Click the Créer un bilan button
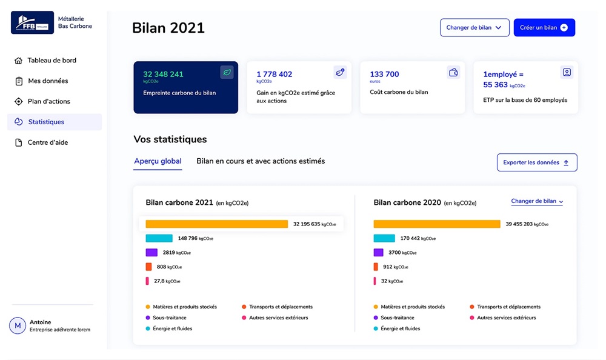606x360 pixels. tap(544, 28)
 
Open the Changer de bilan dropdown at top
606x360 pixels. tap(474, 28)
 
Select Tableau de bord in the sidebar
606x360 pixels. tap(52, 61)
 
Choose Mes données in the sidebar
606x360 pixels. tap(48, 81)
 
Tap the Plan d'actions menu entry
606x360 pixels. tap(48, 101)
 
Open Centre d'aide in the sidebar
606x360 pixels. tap(48, 142)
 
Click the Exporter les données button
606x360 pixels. tap(536, 162)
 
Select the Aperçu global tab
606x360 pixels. tap(158, 161)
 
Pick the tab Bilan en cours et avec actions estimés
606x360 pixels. tap(261, 161)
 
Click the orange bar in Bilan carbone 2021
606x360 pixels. tap(216, 224)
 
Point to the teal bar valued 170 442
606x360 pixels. tap(384, 238)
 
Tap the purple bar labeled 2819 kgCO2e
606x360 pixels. tap(151, 253)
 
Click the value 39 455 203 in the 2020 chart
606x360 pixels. tap(519, 224)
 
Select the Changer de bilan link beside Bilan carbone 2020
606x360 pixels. tap(537, 201)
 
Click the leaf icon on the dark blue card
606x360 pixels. tap(227, 73)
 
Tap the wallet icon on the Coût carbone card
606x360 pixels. tap(453, 73)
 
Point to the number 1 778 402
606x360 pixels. tap(274, 75)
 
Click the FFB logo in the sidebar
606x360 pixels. tap(32, 22)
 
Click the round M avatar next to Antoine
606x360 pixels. tap(18, 326)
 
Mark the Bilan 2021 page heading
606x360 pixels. tap(168, 28)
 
